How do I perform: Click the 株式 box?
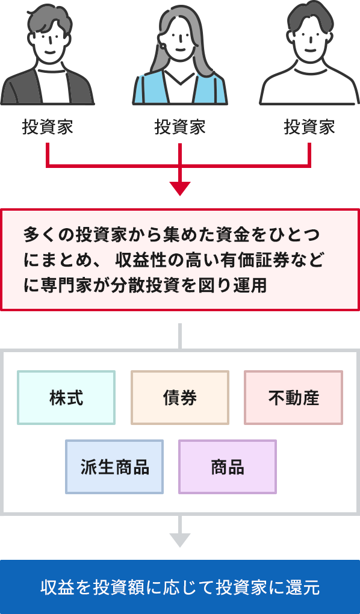point(66,397)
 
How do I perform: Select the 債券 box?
point(180,397)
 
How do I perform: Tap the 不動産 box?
point(293,397)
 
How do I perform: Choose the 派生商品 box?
point(114,467)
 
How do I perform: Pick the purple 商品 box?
point(228,467)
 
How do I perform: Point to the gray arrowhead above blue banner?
point(180,540)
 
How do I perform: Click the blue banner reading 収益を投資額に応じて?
point(180,587)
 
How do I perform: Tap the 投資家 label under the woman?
point(180,128)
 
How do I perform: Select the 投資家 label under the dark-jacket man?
point(48,128)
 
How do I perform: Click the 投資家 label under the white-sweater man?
point(309,128)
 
